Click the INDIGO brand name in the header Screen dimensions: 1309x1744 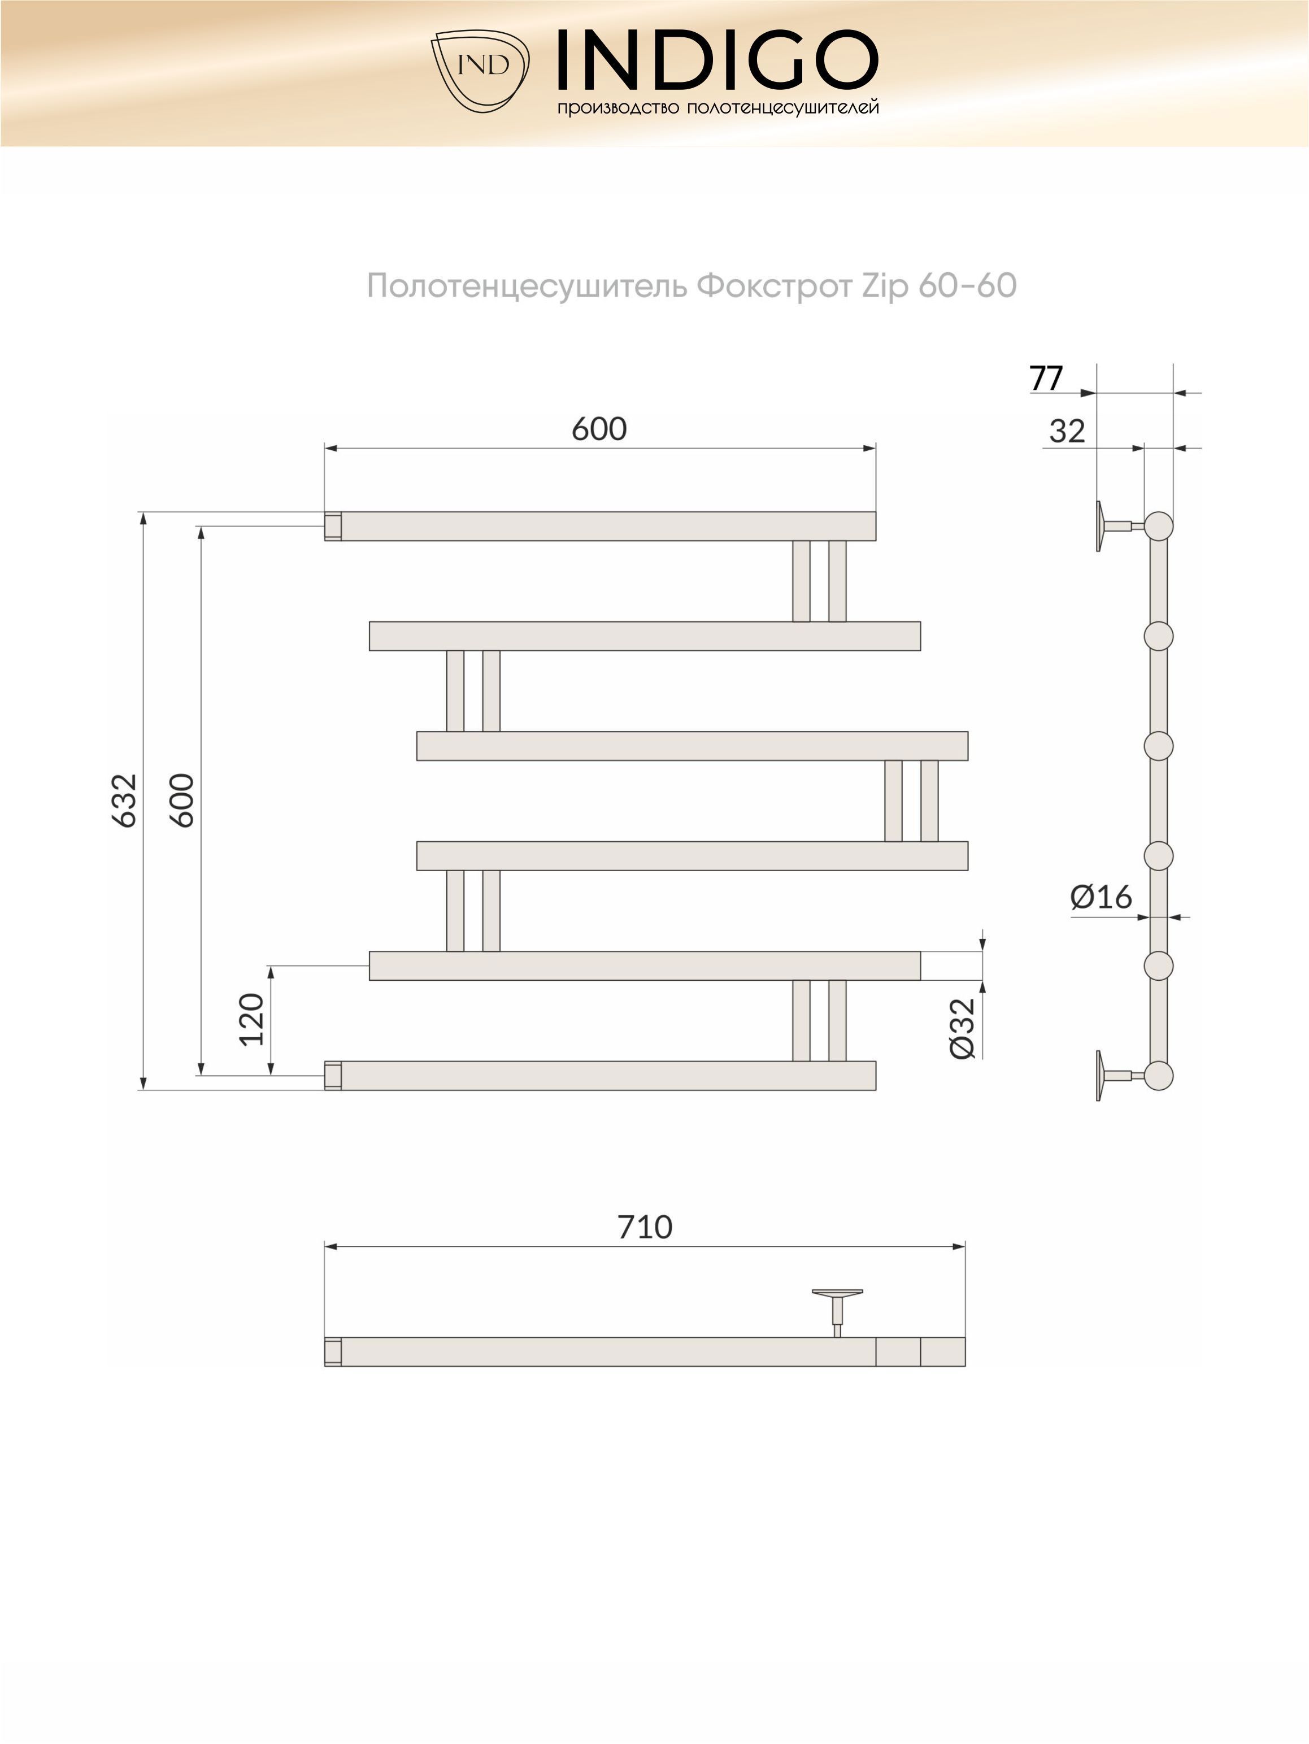717,60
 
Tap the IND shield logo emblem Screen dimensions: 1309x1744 480,71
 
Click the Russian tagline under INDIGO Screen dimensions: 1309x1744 717,107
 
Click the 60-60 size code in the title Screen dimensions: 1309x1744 968,285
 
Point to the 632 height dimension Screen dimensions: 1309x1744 125,801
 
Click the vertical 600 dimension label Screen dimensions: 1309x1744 182,801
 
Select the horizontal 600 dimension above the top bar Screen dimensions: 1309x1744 599,429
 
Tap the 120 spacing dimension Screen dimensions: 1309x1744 251,1019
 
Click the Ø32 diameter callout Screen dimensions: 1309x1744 963,1028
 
